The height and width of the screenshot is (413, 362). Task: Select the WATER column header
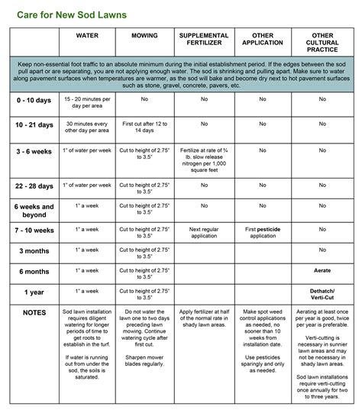pos(87,36)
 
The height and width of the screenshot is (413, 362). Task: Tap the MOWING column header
pos(145,36)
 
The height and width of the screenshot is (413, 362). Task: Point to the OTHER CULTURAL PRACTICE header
pos(321,44)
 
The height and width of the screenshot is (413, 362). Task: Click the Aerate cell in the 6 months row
pos(321,271)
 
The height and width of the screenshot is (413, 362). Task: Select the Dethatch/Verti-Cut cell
pos(321,295)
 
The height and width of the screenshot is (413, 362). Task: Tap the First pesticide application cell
pos(262,232)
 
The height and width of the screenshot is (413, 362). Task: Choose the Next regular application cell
pos(204,232)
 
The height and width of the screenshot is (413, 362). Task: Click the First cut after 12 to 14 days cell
pos(145,126)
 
